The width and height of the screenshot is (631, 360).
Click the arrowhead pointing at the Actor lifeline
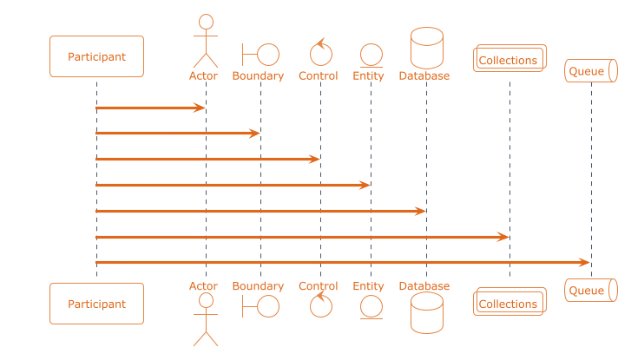coord(200,108)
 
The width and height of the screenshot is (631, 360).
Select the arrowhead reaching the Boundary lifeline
coord(254,133)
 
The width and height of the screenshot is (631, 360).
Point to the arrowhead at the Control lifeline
coord(315,159)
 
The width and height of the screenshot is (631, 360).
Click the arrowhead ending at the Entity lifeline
coord(365,185)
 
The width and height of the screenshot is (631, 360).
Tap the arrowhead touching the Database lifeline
coord(421,211)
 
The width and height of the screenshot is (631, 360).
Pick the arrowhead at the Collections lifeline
coord(503,237)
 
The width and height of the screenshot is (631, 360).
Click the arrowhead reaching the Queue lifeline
coord(585,263)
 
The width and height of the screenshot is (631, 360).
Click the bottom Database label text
coord(424,286)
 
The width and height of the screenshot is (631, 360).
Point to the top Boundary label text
coord(258,76)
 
